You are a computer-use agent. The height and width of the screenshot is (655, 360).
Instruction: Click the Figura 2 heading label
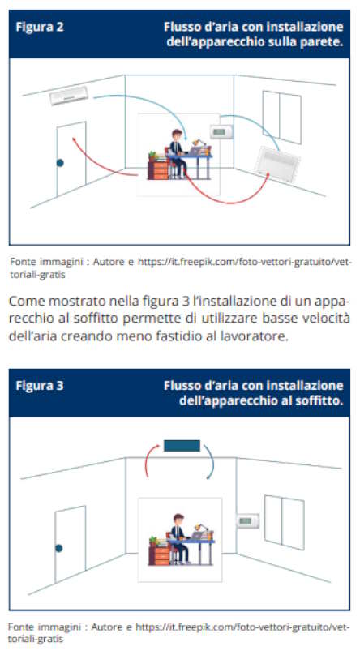[x=40, y=27]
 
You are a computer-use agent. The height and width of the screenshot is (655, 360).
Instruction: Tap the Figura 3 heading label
[x=40, y=385]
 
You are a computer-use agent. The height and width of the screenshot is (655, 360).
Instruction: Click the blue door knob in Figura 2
[x=59, y=164]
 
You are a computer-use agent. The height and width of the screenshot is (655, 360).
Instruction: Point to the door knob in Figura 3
[x=58, y=549]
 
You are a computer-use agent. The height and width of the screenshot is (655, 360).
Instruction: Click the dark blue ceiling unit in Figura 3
[x=181, y=445]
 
